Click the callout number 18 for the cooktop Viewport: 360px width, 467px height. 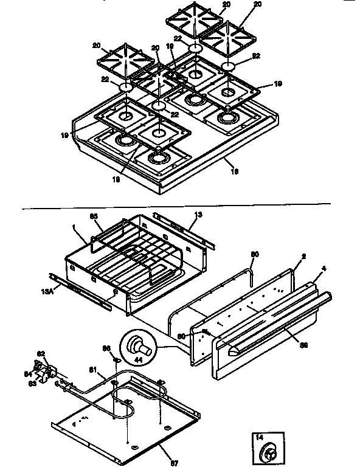click(x=235, y=172)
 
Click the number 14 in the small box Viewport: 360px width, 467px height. click(x=258, y=438)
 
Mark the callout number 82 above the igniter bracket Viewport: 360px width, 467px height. click(x=41, y=353)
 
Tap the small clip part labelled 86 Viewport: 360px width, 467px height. click(x=115, y=360)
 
